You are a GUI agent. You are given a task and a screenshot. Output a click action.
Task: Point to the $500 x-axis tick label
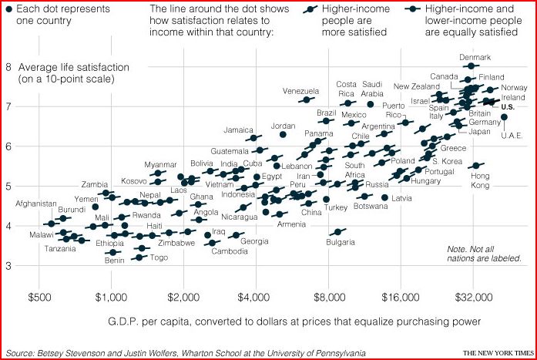[x=39, y=296]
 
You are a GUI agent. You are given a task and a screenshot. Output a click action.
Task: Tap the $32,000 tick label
[x=473, y=296]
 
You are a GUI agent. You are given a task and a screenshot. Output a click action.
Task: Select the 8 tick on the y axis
[x=8, y=67]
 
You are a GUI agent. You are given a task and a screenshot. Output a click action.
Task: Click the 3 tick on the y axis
[x=8, y=266]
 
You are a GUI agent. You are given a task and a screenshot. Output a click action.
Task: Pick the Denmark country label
[x=475, y=58]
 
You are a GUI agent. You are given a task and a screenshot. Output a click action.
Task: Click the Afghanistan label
[x=35, y=204]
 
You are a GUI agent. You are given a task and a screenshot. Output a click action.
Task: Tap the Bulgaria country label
[x=340, y=243]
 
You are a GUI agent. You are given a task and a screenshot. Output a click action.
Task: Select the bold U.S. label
[x=508, y=107]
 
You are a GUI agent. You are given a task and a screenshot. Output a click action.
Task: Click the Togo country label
[x=159, y=257]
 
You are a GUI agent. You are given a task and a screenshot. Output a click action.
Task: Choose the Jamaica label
[x=240, y=130]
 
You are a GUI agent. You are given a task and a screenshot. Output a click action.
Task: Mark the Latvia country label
[x=401, y=198]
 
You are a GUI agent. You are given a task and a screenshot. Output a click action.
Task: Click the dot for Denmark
[x=471, y=67]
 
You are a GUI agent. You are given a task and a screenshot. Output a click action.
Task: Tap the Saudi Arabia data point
[x=371, y=104]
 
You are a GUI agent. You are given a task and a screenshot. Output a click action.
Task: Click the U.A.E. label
[x=512, y=136]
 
